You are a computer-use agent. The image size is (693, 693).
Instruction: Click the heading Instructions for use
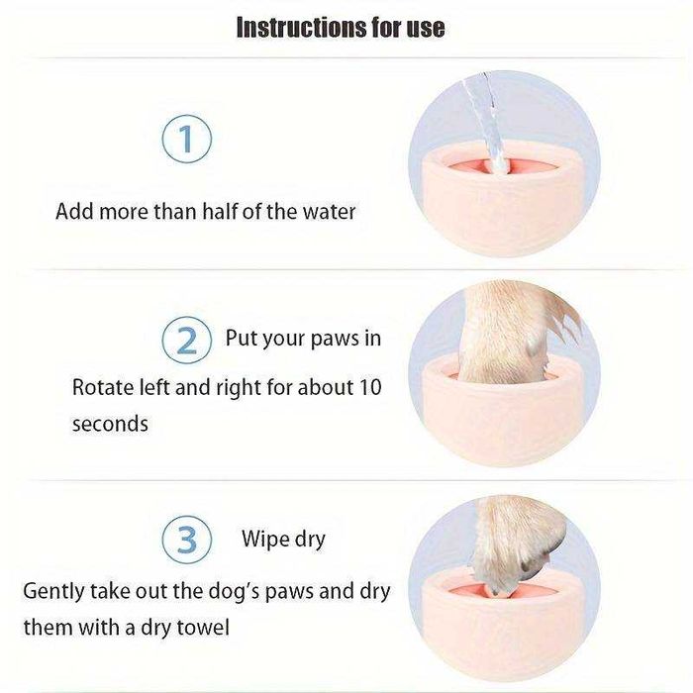341,28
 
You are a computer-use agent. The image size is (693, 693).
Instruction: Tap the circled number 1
187,139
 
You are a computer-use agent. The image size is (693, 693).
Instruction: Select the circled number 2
187,340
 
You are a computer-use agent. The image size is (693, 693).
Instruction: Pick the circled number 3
187,540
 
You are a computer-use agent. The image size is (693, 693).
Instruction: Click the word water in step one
329,212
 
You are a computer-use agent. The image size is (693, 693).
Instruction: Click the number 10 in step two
370,387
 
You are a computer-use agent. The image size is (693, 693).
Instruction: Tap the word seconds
110,424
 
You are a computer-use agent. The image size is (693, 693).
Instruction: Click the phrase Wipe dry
283,540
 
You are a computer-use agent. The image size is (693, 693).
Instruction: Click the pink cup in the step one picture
503,199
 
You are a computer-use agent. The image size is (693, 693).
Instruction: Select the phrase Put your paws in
303,339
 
